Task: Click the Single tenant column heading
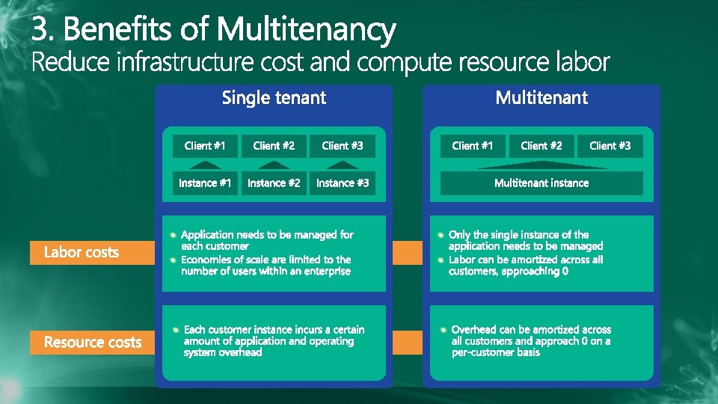point(274,98)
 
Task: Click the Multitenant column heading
point(541,98)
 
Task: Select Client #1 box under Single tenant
point(205,145)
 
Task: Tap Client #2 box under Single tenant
point(274,145)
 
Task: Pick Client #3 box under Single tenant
point(343,145)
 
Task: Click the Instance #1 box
point(205,183)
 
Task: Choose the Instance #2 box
point(274,183)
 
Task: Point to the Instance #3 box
point(343,183)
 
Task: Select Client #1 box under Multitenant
point(473,145)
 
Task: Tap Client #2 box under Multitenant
point(541,145)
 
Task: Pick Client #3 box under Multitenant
point(610,145)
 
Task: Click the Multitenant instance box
point(541,183)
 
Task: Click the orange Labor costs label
point(81,252)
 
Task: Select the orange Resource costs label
point(92,342)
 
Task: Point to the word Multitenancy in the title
point(306,30)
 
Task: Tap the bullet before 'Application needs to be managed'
point(174,235)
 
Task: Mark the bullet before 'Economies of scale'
point(174,260)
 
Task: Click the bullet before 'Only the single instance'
point(441,235)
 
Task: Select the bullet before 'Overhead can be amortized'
point(444,330)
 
